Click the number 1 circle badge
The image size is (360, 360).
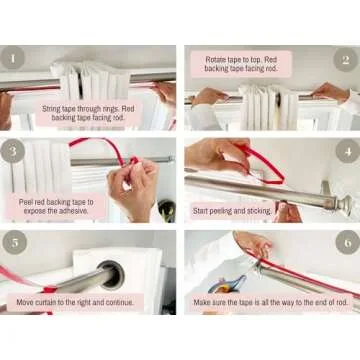[x=14, y=59]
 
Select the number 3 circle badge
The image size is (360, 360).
[x=14, y=153]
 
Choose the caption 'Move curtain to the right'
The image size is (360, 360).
[x=80, y=300]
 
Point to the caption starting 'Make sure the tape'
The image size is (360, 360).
[x=270, y=300]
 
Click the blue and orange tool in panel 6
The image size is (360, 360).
[x=227, y=284]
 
